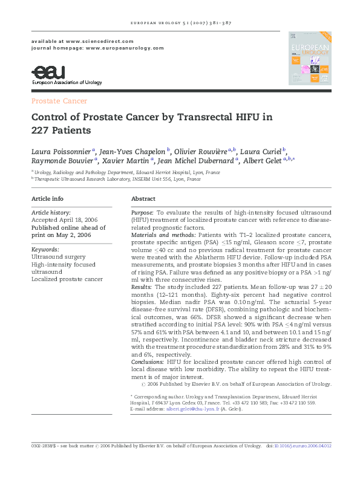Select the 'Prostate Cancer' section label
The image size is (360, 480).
click(59, 101)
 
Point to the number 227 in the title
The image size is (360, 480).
click(41, 130)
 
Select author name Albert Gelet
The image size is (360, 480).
click(264, 161)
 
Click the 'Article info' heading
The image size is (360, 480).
click(47, 199)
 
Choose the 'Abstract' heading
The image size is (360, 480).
click(143, 199)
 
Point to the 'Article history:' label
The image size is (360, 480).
click(51, 213)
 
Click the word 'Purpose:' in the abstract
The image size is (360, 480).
click(143, 213)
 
